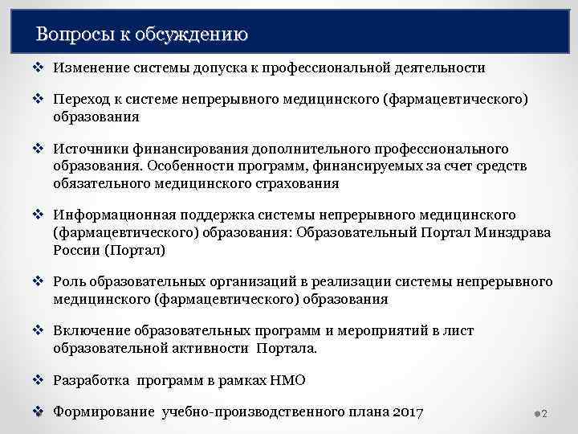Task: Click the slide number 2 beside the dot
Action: tap(544, 414)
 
